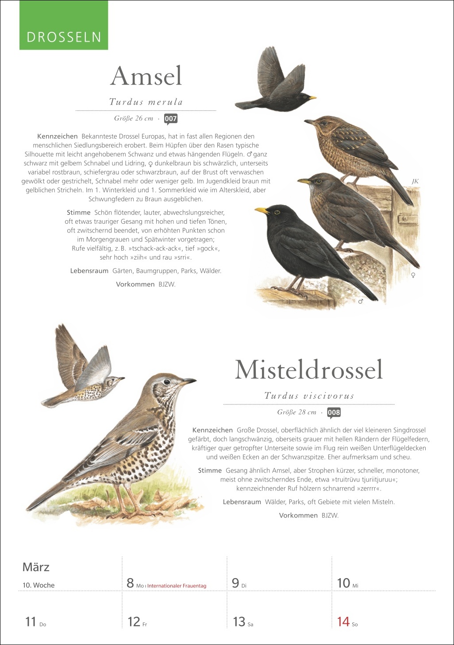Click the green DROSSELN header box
[64, 26]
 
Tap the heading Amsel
[146, 76]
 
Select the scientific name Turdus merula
[146, 102]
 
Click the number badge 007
[171, 119]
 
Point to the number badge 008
[334, 413]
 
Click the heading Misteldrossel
[308, 369]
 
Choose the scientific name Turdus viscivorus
[309, 396]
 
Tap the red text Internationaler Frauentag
[177, 586]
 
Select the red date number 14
[343, 622]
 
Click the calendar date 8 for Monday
[130, 583]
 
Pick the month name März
[36, 567]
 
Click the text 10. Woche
[38, 585]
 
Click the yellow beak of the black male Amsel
[262, 210]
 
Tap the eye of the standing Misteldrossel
[167, 381]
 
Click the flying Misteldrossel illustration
[82, 370]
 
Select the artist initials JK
[415, 181]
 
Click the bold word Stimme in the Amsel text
[78, 213]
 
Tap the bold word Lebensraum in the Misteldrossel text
[242, 502]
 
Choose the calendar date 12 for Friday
[134, 622]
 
